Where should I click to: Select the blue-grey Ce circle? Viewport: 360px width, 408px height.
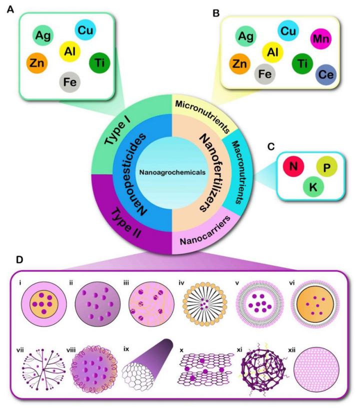pyautogui.click(x=326, y=74)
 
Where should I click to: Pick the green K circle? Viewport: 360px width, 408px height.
pyautogui.click(x=313, y=186)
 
